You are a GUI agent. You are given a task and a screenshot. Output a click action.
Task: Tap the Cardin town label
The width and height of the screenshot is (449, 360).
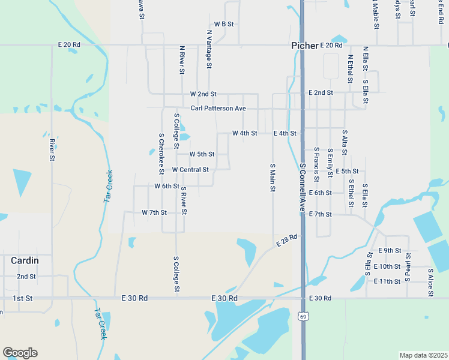pyautogui.click(x=25, y=260)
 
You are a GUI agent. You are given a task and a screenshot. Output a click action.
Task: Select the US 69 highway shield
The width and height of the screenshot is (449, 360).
pyautogui.click(x=303, y=316)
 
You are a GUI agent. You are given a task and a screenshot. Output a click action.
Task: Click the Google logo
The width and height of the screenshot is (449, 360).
pyautogui.click(x=20, y=353)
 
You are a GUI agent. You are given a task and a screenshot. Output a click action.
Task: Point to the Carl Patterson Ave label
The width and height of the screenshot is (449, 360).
pyautogui.click(x=218, y=109)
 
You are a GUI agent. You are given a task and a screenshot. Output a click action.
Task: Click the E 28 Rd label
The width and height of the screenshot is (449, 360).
pyautogui.click(x=288, y=240)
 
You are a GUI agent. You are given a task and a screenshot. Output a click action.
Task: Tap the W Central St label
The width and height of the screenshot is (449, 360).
pyautogui.click(x=190, y=170)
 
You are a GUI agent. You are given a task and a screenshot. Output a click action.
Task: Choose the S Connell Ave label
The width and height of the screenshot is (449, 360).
pyautogui.click(x=303, y=186)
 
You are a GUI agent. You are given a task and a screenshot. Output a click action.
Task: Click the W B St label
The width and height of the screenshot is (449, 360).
pyautogui.click(x=223, y=24)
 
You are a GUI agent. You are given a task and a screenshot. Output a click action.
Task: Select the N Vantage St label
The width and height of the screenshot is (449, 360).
pyautogui.click(x=209, y=45)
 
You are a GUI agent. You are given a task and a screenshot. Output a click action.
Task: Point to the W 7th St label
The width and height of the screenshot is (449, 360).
pyautogui.click(x=154, y=212)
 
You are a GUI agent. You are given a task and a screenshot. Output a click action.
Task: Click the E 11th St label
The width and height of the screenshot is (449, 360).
pyautogui.click(x=387, y=281)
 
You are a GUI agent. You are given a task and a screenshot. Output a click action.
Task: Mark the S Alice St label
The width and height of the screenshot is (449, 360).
pyautogui.click(x=430, y=280)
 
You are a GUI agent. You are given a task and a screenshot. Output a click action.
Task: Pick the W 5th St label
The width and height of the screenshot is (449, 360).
pyautogui.click(x=202, y=154)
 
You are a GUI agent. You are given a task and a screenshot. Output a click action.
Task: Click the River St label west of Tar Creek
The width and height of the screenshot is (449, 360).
pyautogui.click(x=52, y=149)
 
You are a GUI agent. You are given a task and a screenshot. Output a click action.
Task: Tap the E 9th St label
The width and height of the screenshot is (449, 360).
pyautogui.click(x=389, y=250)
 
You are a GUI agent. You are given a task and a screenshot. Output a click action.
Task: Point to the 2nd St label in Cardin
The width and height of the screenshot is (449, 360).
pyautogui.click(x=26, y=277)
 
